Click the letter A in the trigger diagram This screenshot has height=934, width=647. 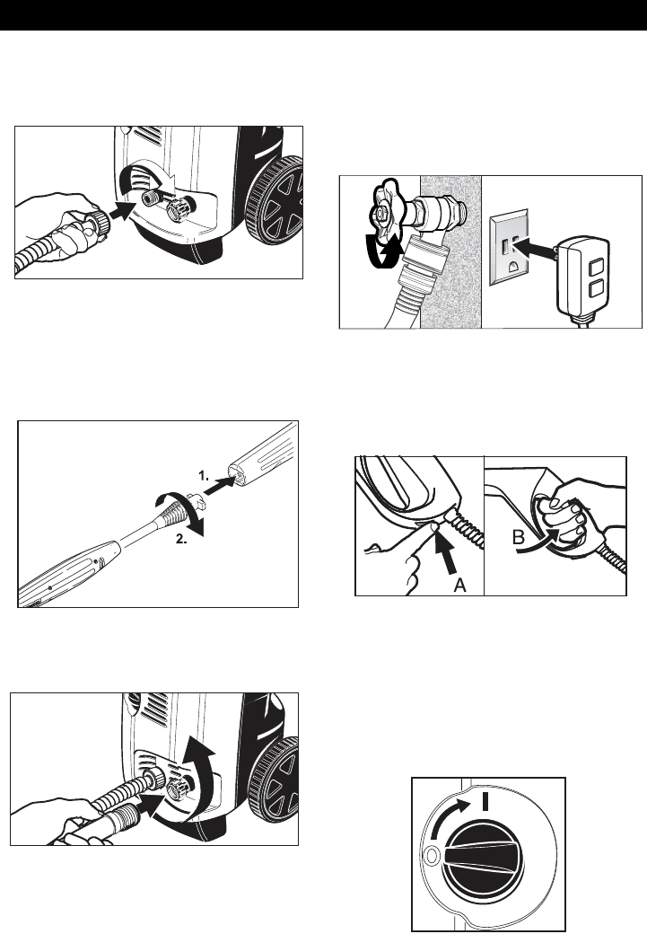point(459,586)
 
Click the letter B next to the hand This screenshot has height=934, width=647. point(519,539)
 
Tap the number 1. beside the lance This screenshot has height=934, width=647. point(205,476)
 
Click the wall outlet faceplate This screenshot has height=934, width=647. point(508,248)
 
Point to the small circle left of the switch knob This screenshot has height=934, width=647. point(432,856)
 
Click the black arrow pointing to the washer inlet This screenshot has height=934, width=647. point(127,210)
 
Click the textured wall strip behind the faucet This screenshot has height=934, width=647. point(450,251)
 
